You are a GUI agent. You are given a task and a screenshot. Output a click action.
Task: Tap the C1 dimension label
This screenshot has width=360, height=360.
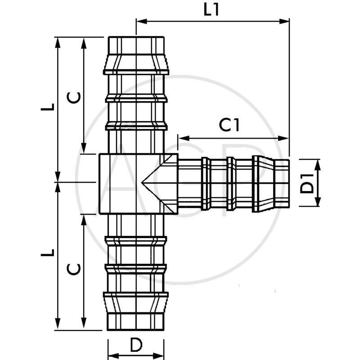[229, 126]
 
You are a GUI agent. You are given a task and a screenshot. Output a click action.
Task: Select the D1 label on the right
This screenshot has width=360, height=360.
[307, 183]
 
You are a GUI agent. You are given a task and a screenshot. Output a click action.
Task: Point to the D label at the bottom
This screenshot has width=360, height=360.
[136, 345]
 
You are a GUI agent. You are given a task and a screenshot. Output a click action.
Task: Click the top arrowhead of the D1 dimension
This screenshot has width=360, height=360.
[318, 163]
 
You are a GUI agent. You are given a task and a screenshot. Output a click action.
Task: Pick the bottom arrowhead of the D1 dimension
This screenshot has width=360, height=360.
[318, 202]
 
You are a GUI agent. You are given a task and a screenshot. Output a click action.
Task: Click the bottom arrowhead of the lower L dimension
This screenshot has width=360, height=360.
[58, 326]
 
